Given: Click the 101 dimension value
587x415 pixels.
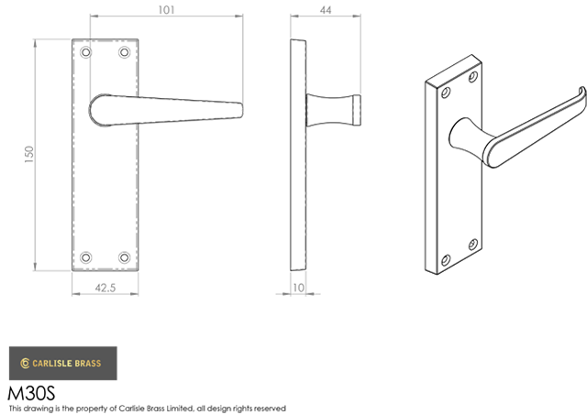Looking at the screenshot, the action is click(x=166, y=10).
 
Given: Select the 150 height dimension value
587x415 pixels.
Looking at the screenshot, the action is click(x=28, y=154).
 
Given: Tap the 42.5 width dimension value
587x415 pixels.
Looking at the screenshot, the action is click(x=105, y=288).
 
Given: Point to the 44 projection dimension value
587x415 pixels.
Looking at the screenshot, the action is click(x=326, y=10).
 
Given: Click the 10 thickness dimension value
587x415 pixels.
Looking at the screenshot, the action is click(x=298, y=288).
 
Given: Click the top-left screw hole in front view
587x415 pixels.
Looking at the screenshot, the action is click(x=85, y=52).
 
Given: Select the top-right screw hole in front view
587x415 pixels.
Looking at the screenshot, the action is click(x=125, y=52).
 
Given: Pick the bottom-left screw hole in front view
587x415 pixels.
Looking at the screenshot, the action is click(x=85, y=257).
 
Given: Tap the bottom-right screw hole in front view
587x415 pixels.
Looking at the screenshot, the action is click(x=125, y=257).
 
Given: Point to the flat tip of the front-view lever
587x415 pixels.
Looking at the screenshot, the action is click(x=241, y=110).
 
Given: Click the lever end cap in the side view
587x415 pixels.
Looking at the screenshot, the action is click(x=357, y=110).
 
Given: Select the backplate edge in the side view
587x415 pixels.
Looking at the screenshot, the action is click(x=298, y=155).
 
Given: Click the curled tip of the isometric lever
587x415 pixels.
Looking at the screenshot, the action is click(x=583, y=93).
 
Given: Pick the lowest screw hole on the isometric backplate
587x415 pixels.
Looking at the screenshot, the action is click(x=446, y=260).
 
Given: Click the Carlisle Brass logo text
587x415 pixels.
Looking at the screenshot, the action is click(x=67, y=364).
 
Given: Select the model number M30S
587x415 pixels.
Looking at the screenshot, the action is click(x=31, y=393).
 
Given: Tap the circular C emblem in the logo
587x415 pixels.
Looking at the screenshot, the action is click(x=25, y=364).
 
